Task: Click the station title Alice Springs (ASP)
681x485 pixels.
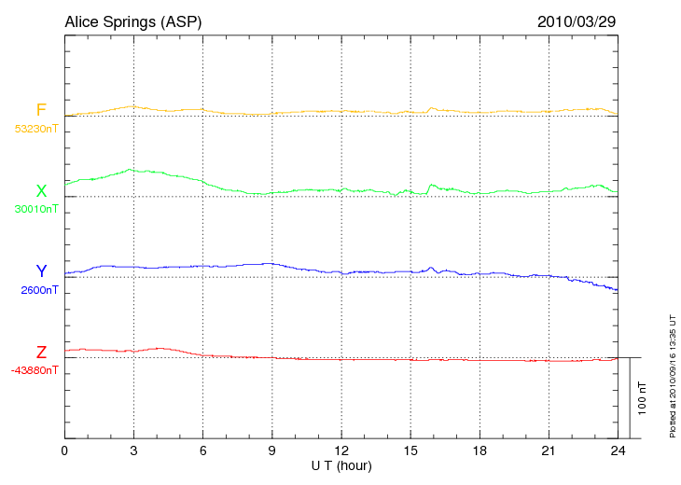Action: (x=132, y=21)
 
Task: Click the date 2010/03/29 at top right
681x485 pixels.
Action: (x=576, y=21)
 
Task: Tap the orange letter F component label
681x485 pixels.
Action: (x=41, y=110)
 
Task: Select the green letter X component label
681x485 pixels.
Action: (x=41, y=191)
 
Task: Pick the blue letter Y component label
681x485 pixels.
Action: (x=41, y=271)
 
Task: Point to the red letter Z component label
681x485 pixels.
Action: (x=41, y=353)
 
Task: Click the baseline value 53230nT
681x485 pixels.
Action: (x=35, y=129)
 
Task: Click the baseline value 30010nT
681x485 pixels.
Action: (x=35, y=209)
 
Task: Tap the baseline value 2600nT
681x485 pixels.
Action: (x=39, y=290)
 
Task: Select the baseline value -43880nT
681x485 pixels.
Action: (x=35, y=370)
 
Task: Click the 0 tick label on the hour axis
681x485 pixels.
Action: (x=65, y=450)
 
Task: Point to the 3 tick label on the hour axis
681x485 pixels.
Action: (x=134, y=450)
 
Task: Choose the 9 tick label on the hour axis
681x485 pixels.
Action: (x=272, y=450)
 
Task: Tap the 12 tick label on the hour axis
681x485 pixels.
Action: (x=341, y=450)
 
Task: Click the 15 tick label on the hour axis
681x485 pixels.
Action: (x=410, y=450)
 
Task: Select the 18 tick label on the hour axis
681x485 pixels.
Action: (x=479, y=450)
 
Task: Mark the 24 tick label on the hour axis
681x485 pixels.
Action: (x=618, y=450)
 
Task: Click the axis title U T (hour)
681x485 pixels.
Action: (x=341, y=464)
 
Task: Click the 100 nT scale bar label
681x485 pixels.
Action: (x=642, y=397)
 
